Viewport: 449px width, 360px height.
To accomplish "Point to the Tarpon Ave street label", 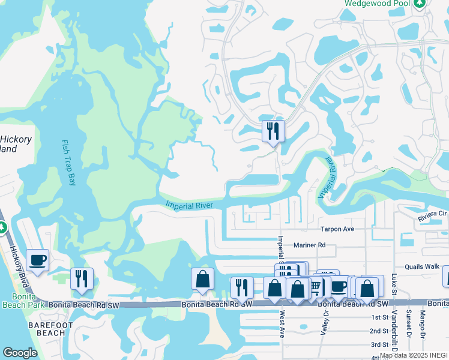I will [x=337, y=229].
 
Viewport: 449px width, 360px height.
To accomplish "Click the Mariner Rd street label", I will [x=309, y=245].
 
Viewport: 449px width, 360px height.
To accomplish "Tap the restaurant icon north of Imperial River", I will [x=273, y=130].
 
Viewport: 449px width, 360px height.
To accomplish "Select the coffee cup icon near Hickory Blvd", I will [x=37, y=260].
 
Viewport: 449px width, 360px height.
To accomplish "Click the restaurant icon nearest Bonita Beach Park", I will [x=81, y=278].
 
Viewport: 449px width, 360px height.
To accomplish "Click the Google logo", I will [x=20, y=353].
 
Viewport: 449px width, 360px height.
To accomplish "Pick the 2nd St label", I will [x=379, y=331].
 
